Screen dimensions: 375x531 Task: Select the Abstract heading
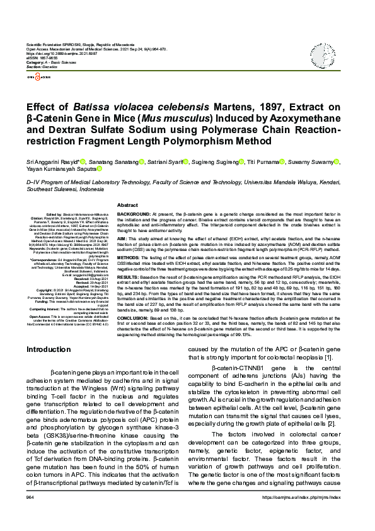click(128, 205)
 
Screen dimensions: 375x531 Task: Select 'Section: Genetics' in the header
click(42, 67)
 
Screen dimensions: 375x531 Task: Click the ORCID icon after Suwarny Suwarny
click(337, 162)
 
